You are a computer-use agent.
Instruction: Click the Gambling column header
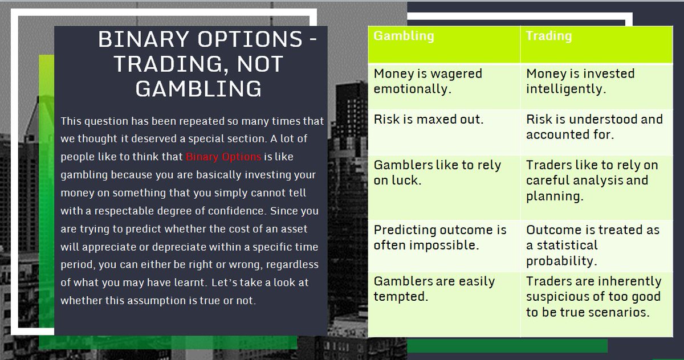click(404, 36)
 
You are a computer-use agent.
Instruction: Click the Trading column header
click(548, 36)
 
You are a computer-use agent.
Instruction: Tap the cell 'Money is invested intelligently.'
click(580, 81)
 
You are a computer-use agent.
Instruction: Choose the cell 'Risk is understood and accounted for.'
click(594, 126)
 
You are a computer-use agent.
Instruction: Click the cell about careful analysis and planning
click(592, 180)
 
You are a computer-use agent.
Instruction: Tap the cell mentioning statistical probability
click(592, 246)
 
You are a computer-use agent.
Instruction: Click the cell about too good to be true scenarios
click(593, 296)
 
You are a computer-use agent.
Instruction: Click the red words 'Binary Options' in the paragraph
click(223, 156)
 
